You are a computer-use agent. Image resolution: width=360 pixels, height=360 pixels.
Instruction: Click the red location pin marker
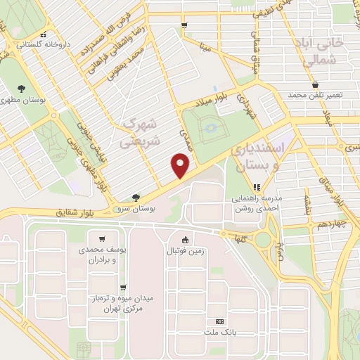coord(181,166)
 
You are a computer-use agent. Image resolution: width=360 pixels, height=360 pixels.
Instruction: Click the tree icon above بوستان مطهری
coord(21,89)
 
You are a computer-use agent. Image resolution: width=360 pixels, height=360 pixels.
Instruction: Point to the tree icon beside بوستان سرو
coord(136,198)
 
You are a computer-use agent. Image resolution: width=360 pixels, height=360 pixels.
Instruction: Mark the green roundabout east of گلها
coord(263,240)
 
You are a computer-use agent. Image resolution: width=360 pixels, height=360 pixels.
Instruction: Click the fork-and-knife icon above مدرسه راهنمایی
coord(257,187)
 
